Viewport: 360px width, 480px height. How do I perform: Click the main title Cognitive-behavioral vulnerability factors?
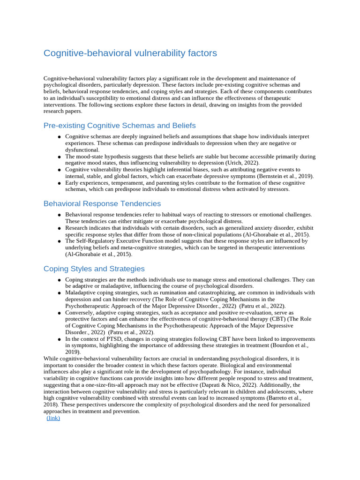130,53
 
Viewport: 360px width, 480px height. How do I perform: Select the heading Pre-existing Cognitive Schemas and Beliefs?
120,126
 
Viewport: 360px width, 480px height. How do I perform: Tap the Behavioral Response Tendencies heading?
102,203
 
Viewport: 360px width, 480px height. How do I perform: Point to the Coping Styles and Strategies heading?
94,269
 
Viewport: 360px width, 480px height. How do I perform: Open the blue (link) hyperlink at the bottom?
53,418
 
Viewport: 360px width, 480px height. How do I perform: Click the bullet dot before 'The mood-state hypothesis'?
60,157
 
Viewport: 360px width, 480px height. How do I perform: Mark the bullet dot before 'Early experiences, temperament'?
60,183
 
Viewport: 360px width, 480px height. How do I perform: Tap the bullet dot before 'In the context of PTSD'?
60,339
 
